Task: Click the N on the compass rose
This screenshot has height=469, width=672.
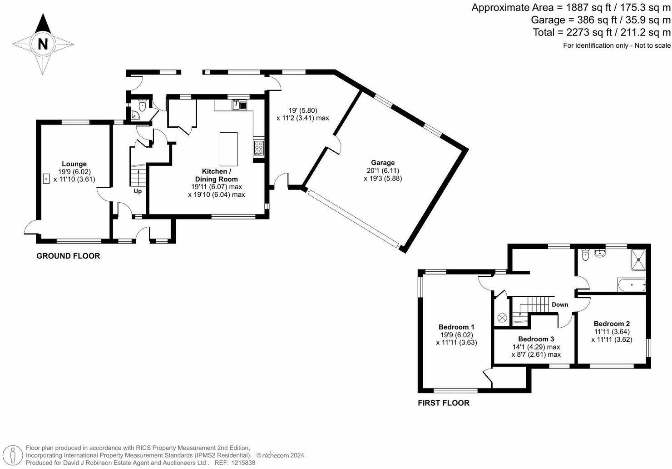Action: (43, 44)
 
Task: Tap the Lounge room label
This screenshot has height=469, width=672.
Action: (74, 164)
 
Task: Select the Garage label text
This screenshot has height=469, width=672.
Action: (383, 163)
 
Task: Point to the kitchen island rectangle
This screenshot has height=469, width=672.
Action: (228, 149)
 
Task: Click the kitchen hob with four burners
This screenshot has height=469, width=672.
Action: (259, 148)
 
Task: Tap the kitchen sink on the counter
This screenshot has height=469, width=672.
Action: (239, 105)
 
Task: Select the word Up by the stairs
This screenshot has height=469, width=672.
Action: (138, 191)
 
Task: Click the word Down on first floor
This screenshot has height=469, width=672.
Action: (560, 304)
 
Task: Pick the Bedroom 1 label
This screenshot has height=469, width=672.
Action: (456, 327)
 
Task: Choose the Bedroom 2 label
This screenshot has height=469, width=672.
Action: (612, 324)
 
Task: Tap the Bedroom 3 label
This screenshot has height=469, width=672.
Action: (536, 339)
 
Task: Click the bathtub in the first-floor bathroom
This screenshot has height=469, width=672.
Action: (632, 286)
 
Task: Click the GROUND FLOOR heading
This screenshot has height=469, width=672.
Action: (68, 256)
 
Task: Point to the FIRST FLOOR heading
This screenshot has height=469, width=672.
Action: (444, 403)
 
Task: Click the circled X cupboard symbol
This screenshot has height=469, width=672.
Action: (502, 318)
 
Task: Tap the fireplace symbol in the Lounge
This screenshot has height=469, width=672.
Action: (46, 179)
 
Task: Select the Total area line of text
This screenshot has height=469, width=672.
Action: (601, 32)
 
